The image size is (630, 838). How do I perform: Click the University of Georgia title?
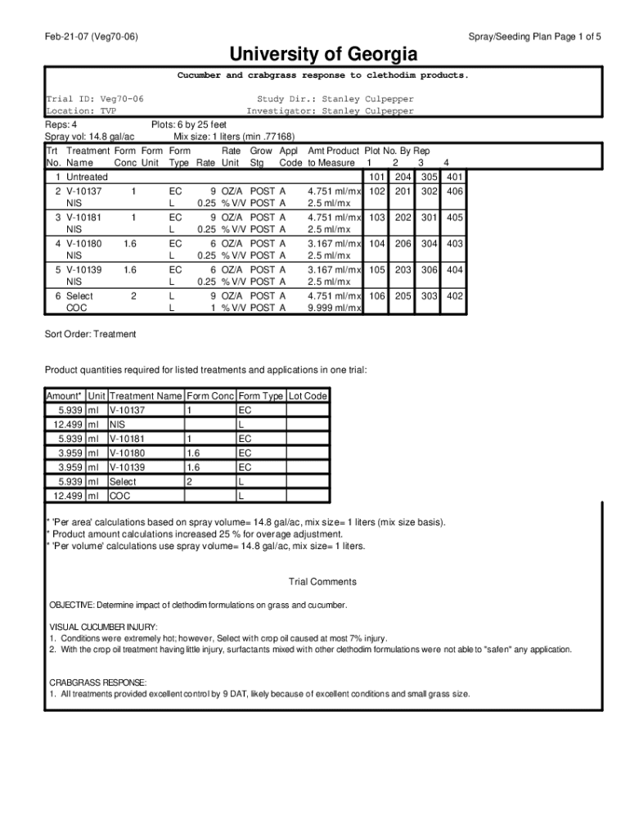point(323,55)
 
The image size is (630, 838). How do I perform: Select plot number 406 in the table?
point(455,191)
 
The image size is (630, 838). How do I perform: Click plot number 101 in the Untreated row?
point(376,177)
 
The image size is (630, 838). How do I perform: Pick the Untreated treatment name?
point(87,177)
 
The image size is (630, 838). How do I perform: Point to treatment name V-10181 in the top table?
point(84,218)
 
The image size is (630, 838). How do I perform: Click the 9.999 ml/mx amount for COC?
point(334,308)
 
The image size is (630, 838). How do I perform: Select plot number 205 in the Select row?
point(403,295)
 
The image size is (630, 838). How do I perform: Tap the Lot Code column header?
point(308,396)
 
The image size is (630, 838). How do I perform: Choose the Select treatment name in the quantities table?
point(123,482)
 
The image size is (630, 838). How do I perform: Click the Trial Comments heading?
point(322,582)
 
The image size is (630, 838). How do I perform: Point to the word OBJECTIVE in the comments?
point(71,606)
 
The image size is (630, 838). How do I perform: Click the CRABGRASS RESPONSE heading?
point(98,682)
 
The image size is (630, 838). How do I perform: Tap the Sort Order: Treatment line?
point(90,334)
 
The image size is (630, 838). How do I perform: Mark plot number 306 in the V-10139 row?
point(429,269)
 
